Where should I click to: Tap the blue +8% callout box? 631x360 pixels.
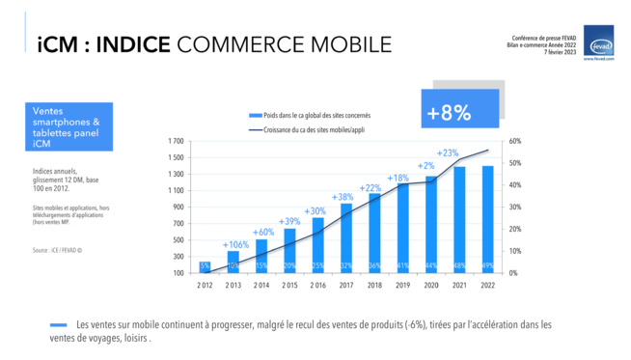460,111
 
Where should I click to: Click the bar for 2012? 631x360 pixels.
206,266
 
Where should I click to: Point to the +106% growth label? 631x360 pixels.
235,245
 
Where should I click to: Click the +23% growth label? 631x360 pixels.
448,153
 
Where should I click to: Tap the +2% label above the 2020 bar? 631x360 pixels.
425,166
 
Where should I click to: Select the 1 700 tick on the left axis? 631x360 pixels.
176,141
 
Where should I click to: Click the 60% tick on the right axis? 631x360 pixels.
515,141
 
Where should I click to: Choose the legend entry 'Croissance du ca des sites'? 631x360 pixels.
309,128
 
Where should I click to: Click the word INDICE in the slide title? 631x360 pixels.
135,44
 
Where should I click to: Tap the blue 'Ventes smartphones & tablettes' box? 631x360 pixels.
70,127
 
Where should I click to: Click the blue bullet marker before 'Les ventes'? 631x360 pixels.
60,325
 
